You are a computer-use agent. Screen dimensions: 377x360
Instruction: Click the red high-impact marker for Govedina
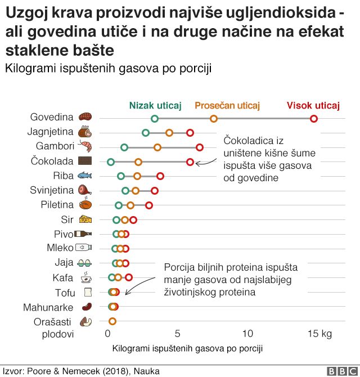point(314,118)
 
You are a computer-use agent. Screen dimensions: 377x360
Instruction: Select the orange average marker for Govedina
point(214,118)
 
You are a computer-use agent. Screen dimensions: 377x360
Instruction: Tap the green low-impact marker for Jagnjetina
point(146,133)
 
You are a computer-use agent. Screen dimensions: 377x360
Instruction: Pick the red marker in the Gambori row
point(200,147)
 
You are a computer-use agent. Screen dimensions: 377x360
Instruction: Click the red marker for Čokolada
point(190,162)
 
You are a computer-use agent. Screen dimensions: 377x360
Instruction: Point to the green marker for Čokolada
point(110,162)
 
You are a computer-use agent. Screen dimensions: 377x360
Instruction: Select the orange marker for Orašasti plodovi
point(112,321)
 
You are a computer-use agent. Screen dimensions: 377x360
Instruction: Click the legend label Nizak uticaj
point(155,105)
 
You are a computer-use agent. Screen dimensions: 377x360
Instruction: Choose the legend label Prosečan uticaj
point(227,105)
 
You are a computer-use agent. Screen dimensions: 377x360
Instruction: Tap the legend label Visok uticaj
point(313,105)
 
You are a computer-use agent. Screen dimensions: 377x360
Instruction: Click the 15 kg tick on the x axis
point(319,334)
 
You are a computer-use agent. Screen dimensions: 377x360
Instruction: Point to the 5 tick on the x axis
point(177,334)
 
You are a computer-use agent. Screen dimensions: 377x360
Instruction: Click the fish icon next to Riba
point(85,176)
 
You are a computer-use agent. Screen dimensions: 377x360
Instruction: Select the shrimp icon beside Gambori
point(85,147)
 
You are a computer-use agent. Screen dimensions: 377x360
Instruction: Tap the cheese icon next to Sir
point(85,219)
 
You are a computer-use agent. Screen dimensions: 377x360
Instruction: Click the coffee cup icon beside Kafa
point(85,277)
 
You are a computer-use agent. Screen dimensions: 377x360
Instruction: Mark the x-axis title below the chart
point(187,349)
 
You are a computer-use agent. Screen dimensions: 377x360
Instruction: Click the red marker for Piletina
point(148,205)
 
